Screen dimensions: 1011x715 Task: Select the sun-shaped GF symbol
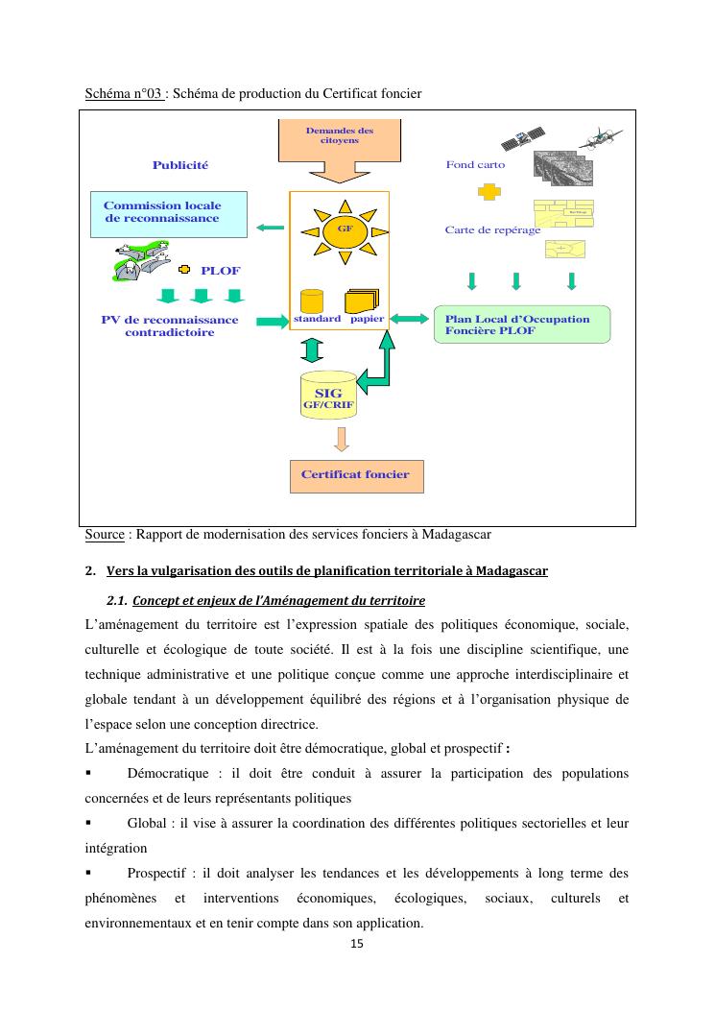click(339, 231)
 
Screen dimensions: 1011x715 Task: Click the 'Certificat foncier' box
click(355, 475)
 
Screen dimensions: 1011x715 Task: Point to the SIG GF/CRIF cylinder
click(328, 395)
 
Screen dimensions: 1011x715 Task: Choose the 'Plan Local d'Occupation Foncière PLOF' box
click(521, 325)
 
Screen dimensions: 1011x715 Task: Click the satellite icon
click(526, 140)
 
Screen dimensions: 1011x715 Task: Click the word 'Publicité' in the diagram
click(179, 165)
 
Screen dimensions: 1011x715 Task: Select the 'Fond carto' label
click(475, 165)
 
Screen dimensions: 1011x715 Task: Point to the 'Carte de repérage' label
click(492, 230)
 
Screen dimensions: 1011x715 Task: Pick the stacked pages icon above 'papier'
click(363, 299)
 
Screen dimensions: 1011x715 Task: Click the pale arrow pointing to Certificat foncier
click(341, 440)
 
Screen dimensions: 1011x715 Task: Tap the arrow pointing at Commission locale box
click(271, 228)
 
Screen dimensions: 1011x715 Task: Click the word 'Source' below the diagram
click(105, 534)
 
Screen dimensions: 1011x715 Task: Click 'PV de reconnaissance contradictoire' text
click(170, 326)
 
